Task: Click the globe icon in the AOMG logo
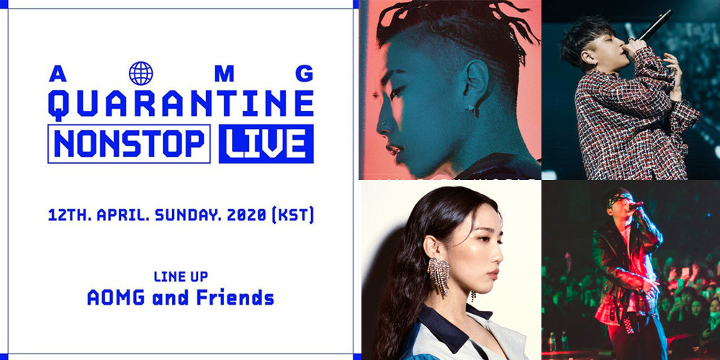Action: [x=141, y=73]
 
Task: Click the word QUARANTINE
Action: [x=181, y=104]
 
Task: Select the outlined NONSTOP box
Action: [x=129, y=144]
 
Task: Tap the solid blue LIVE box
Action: [x=266, y=144]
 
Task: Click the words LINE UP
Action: [x=181, y=276]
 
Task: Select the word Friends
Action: [x=235, y=297]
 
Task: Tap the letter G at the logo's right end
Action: [x=304, y=73]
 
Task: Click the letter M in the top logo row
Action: [x=224, y=73]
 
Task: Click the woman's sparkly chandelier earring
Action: [x=439, y=275]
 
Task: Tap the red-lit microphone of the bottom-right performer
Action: [x=635, y=206]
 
